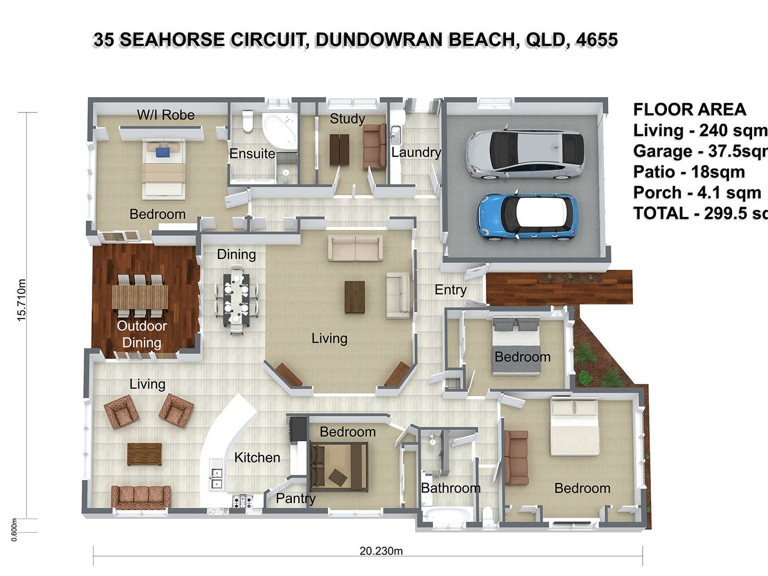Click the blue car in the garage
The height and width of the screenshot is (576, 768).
pos(528,217)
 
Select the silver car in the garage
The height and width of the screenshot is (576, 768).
pos(525,154)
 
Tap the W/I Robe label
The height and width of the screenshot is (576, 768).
pos(165,115)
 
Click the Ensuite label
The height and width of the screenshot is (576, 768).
pos(252,154)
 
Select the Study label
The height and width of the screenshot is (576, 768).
pos(347,119)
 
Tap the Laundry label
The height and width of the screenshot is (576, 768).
pos(416,152)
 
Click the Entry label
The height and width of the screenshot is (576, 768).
pos(451,290)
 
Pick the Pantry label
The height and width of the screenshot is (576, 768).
pos(295,498)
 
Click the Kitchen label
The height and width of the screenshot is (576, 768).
pos(257,457)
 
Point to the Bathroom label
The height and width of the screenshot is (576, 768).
pos(451,488)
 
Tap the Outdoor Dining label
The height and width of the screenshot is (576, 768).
pos(141,334)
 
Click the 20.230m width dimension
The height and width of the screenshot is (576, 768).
pos(381,551)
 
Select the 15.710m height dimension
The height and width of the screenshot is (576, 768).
pos(22,301)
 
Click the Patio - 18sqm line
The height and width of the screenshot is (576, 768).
pos(689,172)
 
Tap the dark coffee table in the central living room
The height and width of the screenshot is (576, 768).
pos(354,297)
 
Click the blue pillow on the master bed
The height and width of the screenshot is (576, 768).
pos(162,152)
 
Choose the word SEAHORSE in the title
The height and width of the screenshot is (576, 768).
pos(172,40)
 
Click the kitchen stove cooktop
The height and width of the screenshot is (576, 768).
pos(242,500)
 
